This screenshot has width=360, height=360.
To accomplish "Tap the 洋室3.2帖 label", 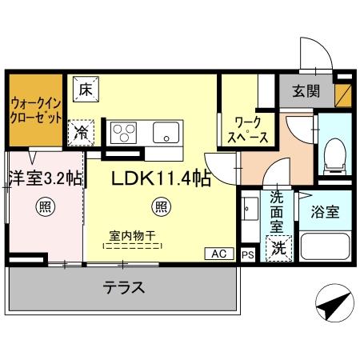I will point(45,178).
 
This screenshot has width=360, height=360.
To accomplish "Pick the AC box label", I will point(219,254).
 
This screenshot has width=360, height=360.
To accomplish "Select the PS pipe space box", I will point(247,254).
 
